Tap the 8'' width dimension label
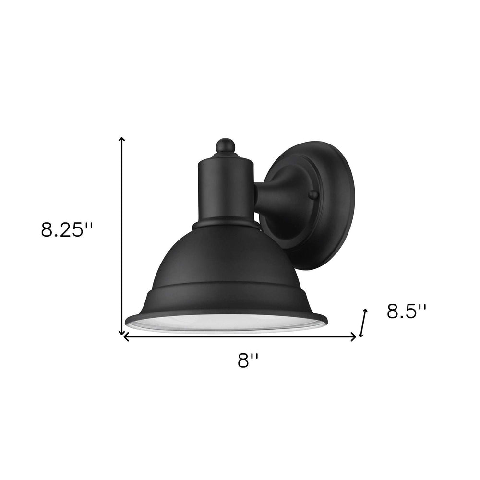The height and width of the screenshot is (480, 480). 248,360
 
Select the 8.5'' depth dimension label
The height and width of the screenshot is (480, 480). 407,312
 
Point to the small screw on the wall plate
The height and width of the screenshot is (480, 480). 313,194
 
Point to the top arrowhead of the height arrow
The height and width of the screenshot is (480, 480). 122,139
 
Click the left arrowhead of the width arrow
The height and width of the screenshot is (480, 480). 126,337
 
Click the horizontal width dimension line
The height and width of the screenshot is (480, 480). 240,337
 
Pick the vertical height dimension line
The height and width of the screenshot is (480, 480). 122,235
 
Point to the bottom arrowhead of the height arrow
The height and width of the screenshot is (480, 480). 122,332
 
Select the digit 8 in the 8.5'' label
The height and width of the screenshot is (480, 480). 394,312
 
